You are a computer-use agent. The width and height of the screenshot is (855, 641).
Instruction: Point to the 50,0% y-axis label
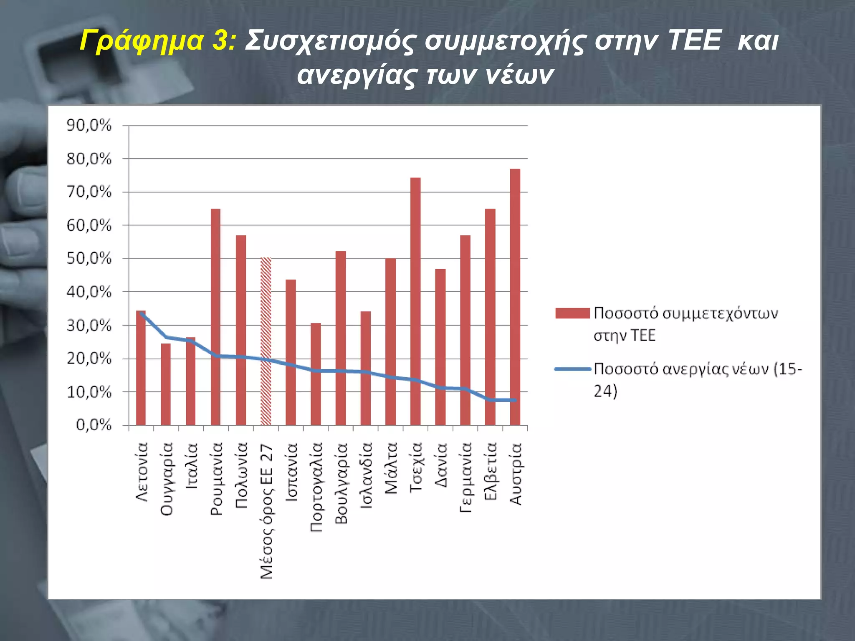click(89, 259)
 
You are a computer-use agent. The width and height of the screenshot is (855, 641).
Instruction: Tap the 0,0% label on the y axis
click(94, 425)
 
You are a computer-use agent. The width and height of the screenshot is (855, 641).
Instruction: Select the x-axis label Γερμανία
click(465, 477)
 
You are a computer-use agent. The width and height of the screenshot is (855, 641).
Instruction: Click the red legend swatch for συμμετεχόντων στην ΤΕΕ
click(572, 313)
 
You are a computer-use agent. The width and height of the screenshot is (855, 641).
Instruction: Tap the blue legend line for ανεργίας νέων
click(572, 369)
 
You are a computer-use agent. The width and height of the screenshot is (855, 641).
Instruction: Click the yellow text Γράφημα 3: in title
click(158, 41)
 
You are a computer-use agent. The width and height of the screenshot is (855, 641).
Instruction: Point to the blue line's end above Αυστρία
click(515, 400)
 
